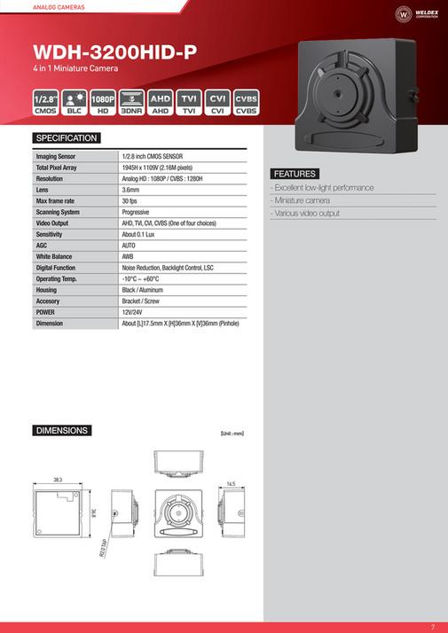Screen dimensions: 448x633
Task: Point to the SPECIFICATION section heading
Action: [x=67, y=138]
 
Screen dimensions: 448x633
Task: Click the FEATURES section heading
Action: [x=295, y=173]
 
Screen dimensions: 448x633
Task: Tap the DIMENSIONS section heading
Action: [x=62, y=431]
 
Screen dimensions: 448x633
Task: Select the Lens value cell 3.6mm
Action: [x=130, y=190]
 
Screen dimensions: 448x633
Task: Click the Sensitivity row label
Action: [x=51, y=234]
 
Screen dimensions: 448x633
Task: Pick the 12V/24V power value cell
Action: [x=134, y=313]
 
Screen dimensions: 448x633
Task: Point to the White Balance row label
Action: [x=55, y=256]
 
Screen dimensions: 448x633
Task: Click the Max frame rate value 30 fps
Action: [x=130, y=201]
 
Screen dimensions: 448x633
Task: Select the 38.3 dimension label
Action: [x=58, y=479]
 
